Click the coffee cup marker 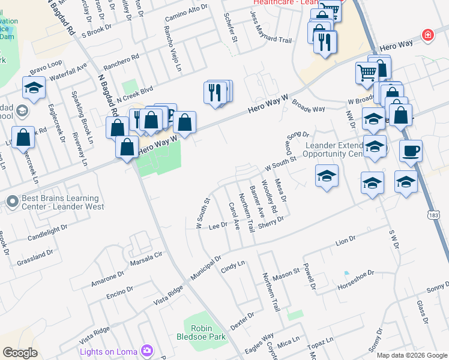411,151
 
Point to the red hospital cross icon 427,35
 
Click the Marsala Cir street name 146,259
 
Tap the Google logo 20,353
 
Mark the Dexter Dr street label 243,319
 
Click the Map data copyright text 411,355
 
